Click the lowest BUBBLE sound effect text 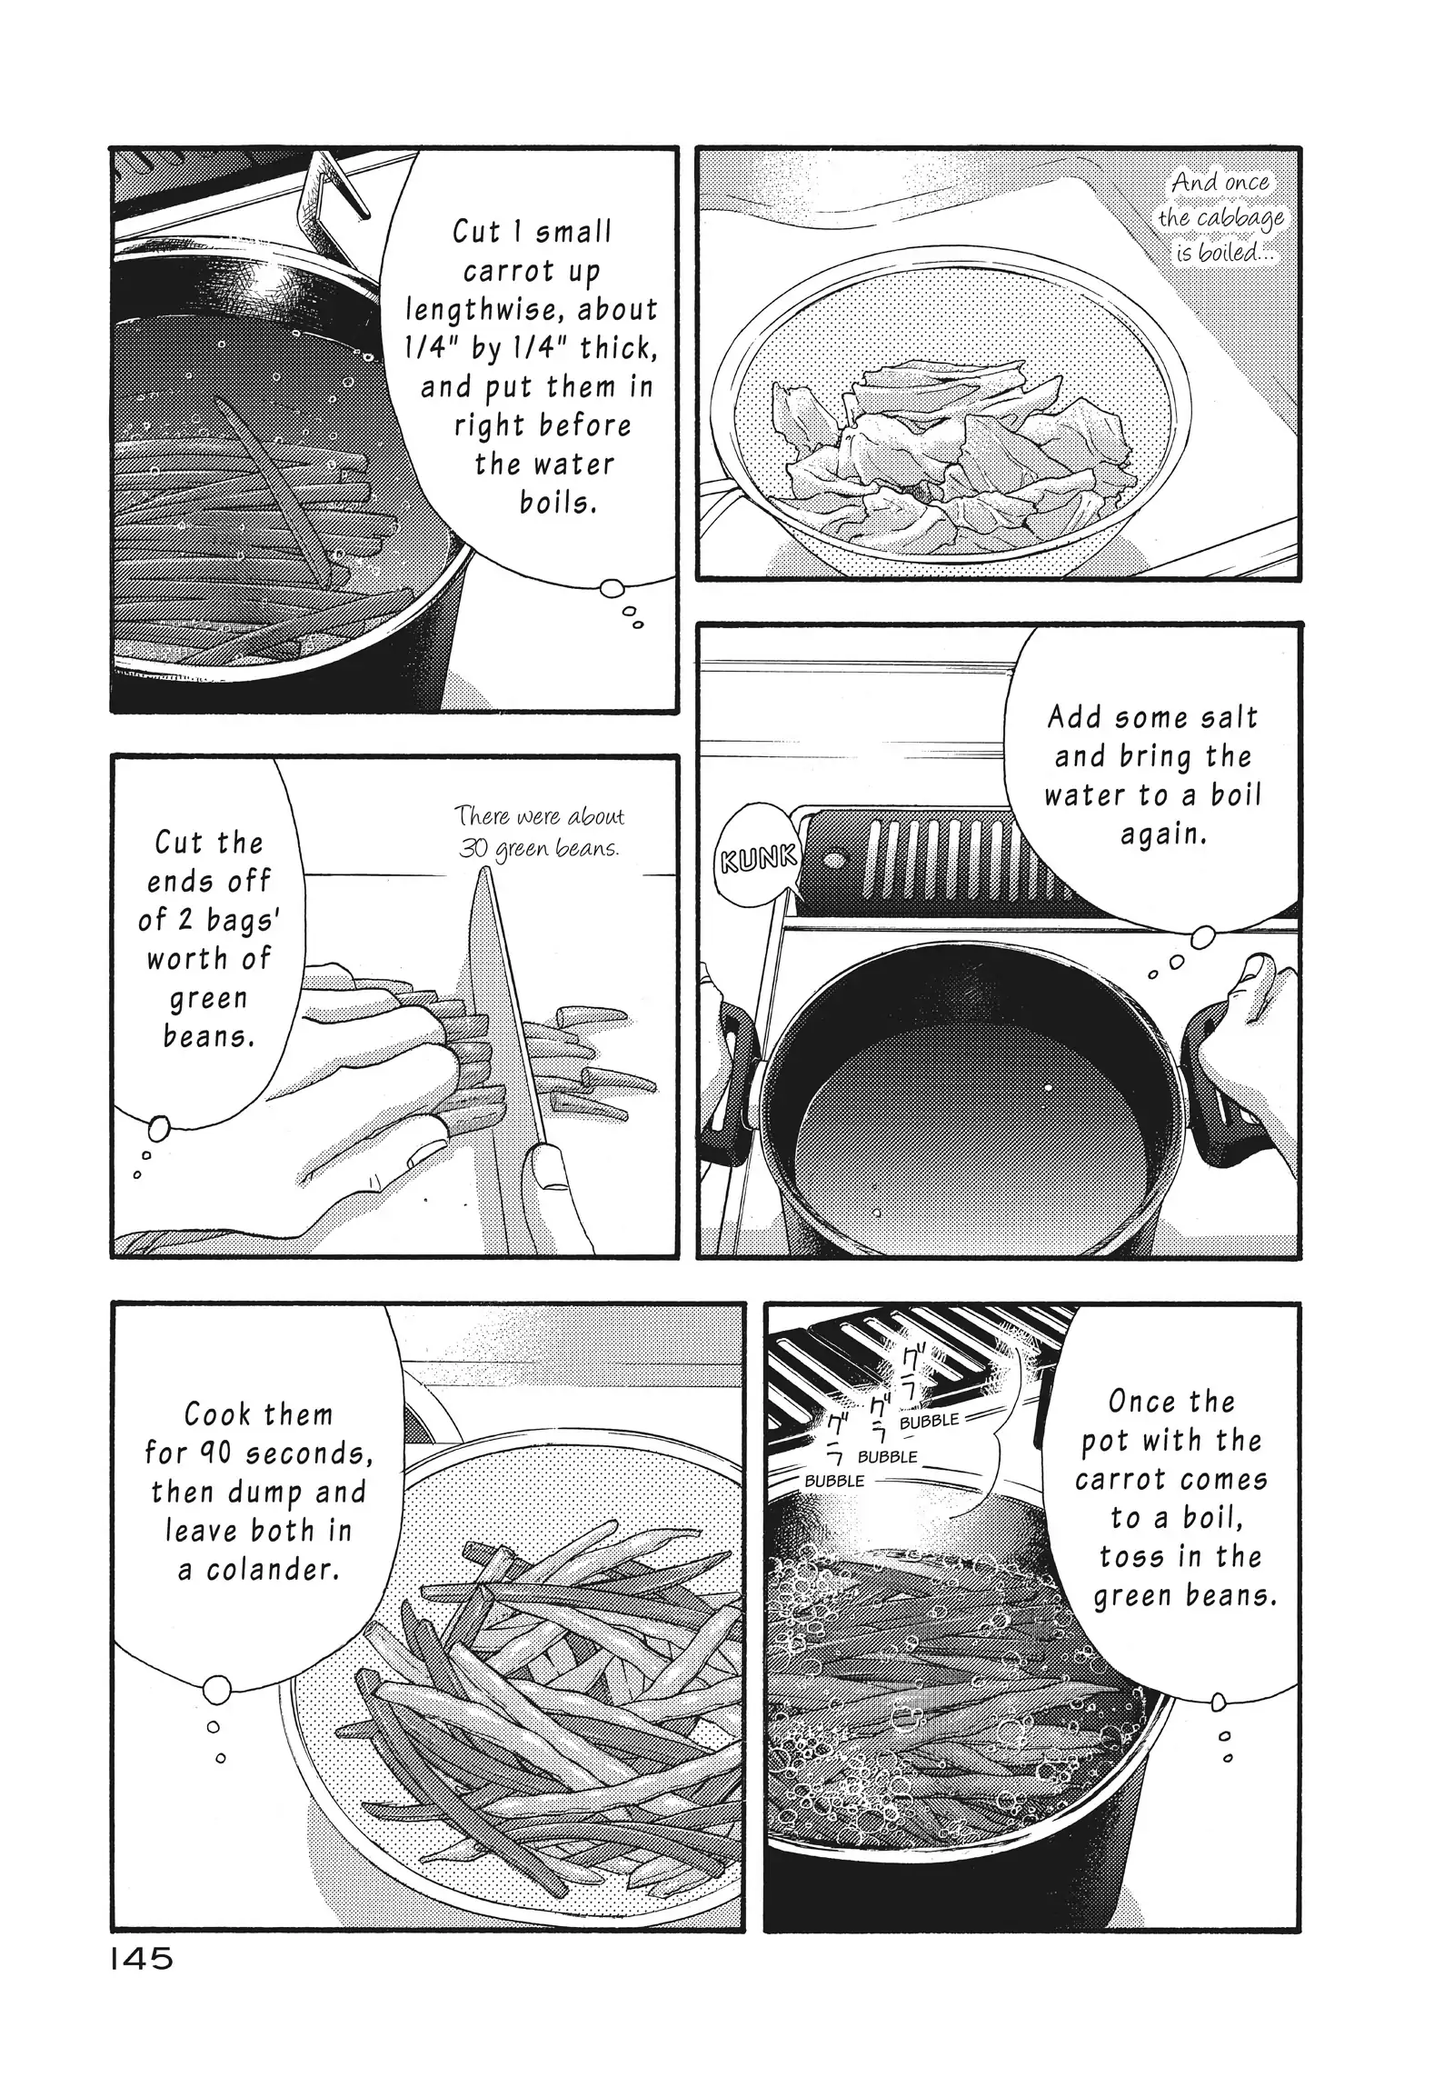point(834,1481)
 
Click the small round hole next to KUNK point(831,859)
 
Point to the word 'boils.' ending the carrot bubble point(558,503)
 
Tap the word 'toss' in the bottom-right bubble point(1134,1557)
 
